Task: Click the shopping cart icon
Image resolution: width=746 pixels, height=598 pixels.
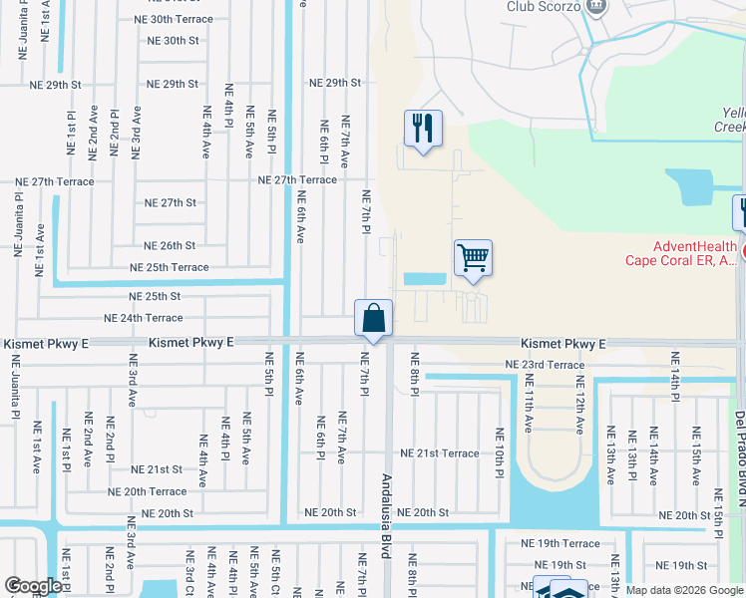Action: point(473,257)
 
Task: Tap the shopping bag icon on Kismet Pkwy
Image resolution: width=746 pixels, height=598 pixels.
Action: point(373,319)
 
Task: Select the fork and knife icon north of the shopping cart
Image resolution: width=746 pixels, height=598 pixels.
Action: point(423,128)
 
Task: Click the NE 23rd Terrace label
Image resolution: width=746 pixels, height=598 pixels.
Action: point(545,365)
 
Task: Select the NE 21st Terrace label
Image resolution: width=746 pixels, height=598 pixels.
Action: point(440,452)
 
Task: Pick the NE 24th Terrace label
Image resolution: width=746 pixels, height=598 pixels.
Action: point(143,318)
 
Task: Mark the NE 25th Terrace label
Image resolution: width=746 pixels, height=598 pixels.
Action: point(169,267)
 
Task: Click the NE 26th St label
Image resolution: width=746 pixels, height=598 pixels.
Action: point(170,245)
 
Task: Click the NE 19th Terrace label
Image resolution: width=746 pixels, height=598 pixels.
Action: point(560,544)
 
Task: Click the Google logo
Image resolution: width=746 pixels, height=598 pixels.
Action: point(33,586)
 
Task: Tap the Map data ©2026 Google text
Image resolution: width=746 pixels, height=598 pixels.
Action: point(684,590)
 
